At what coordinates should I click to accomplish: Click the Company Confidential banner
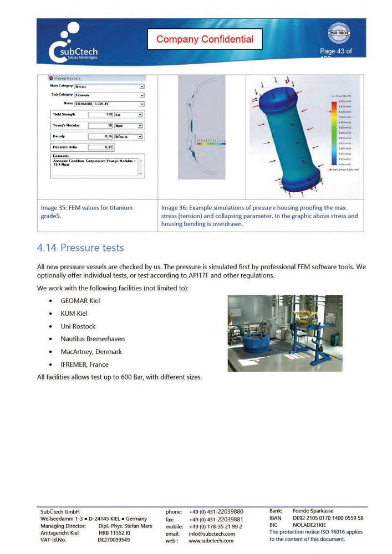(x=205, y=39)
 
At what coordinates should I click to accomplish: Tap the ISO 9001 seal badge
(x=339, y=34)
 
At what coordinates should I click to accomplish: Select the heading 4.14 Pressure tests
(x=80, y=247)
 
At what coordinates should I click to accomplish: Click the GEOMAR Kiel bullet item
(x=80, y=301)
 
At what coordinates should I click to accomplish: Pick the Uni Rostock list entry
(x=78, y=326)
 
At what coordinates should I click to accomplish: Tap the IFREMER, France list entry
(x=84, y=365)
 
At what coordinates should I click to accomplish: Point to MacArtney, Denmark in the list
(x=91, y=352)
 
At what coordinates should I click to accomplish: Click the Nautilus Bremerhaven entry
(x=93, y=339)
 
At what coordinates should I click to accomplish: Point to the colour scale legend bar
(x=333, y=133)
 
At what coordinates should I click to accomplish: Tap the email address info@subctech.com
(x=212, y=534)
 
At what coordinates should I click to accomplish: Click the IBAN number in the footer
(x=328, y=518)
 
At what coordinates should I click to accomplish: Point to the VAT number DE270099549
(x=114, y=540)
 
